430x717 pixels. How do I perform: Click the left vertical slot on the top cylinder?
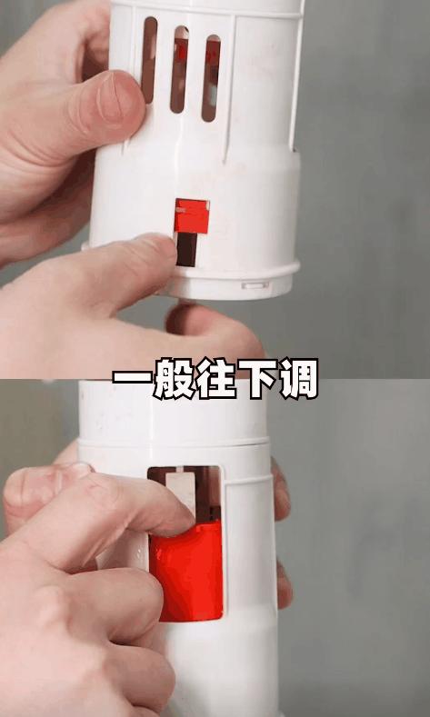point(149,59)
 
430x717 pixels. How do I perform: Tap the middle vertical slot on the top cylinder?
point(179,69)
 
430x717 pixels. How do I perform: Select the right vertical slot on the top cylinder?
point(210,78)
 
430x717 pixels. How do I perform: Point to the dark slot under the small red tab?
point(186,250)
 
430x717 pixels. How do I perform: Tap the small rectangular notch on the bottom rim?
point(255,285)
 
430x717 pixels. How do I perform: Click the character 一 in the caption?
point(133,378)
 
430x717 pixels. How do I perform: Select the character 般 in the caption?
point(174,378)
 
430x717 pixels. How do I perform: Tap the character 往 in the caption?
point(215,378)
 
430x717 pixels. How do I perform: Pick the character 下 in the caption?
point(256,378)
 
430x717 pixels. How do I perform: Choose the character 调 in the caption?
point(297,378)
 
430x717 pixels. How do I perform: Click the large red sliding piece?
point(186,572)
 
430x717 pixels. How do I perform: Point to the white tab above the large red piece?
point(181,493)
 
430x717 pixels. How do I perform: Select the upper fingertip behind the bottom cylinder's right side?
point(280,489)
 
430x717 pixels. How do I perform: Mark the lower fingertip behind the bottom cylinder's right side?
point(284,585)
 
